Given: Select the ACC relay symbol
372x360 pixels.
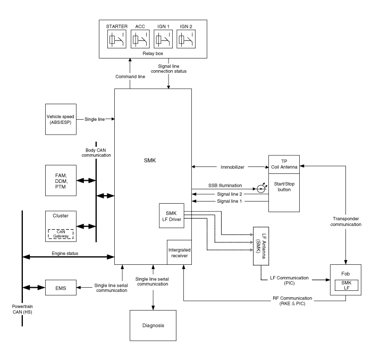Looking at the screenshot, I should (x=139, y=40).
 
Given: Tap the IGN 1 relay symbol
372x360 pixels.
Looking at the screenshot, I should (x=162, y=40).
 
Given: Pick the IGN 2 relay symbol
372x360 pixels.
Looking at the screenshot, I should (x=185, y=40).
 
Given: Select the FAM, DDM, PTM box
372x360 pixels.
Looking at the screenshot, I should (x=60, y=180).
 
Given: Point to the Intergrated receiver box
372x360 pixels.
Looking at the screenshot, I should (x=179, y=252).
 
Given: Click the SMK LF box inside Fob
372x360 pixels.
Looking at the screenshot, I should (x=346, y=284).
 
